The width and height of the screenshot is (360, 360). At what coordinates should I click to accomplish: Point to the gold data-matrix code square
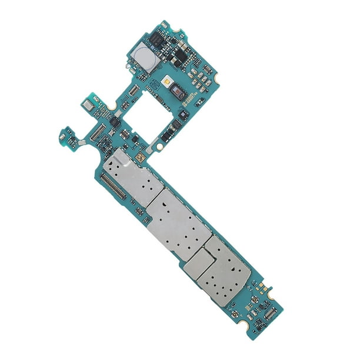[x=140, y=158]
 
